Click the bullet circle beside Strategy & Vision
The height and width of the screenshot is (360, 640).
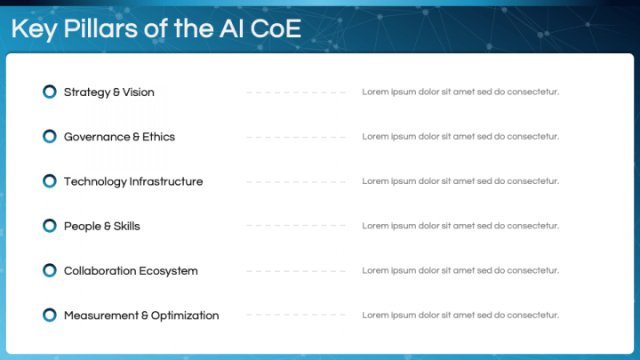[x=50, y=92]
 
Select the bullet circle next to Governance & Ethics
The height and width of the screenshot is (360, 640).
[x=50, y=137]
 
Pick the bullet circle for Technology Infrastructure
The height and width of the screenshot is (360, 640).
[x=50, y=181]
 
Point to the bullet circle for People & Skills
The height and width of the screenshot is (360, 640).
[x=50, y=226]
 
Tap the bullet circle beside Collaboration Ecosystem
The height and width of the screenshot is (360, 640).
[x=50, y=270]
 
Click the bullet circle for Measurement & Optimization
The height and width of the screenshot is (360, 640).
[x=50, y=315]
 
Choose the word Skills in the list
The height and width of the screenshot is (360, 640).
[x=126, y=226]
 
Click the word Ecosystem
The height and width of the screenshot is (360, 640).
[x=168, y=270]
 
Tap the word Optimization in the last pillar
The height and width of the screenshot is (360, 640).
[x=185, y=315]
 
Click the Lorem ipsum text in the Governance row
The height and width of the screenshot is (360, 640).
[x=460, y=137]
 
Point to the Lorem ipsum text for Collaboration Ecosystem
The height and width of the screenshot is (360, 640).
[x=460, y=270]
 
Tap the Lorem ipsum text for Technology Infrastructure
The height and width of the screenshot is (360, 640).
[x=460, y=181]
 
